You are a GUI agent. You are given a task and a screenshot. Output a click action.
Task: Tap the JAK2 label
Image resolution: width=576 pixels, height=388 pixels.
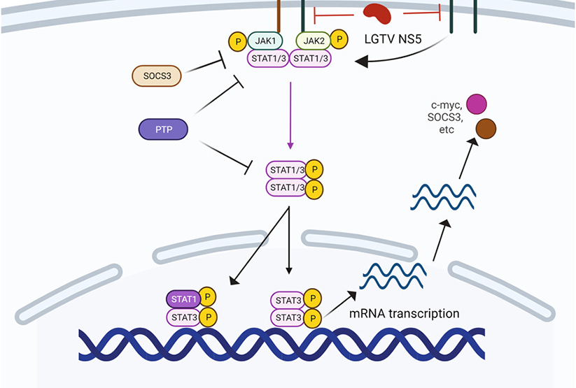coord(312,42)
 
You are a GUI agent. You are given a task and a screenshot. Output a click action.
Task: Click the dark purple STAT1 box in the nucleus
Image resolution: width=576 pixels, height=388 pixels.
coord(183,299)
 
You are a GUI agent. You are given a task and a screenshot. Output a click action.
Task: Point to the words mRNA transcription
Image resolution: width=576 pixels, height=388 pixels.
coord(404,314)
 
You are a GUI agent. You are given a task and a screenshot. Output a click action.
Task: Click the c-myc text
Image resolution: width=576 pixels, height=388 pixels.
coord(444,103)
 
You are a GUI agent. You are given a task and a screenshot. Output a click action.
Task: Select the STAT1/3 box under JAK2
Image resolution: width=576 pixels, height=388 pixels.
coord(310,58)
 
